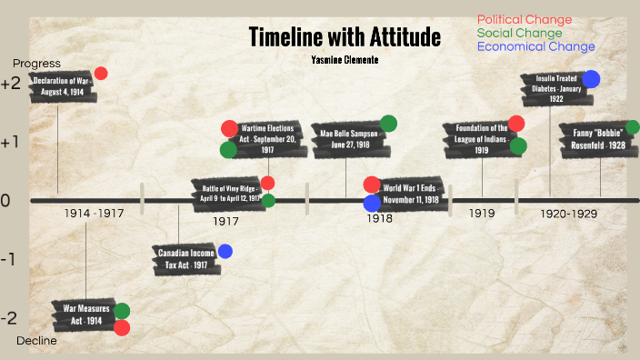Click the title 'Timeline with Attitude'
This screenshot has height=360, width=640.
coord(345,37)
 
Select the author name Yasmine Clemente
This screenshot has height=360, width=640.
coord(345,60)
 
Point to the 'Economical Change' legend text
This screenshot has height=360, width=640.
coord(535,46)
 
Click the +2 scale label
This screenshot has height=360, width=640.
coord(11,84)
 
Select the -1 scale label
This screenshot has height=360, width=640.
coord(8,260)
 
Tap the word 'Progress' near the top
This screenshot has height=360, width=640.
coord(36,64)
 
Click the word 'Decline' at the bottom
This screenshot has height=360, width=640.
coord(36,341)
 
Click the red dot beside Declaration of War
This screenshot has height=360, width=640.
coord(101,74)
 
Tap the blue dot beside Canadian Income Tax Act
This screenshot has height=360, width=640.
coord(225,251)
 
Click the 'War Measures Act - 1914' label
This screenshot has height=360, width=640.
coord(82,315)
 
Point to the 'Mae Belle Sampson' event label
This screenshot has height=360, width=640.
coord(348,138)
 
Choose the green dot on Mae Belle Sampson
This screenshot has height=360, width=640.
coord(388,124)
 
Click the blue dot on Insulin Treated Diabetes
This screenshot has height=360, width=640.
coord(591,79)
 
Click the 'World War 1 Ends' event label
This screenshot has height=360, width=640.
coord(410,194)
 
